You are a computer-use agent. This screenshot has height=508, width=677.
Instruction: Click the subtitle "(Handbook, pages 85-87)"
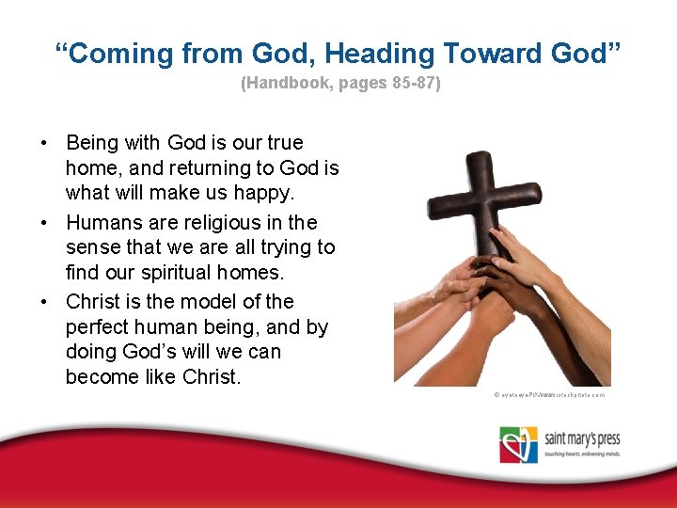click(339, 83)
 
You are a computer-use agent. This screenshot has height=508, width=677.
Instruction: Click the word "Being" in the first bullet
click(91, 143)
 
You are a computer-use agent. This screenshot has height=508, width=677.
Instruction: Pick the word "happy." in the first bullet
click(267, 193)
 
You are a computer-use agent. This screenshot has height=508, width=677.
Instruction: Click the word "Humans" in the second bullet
click(101, 223)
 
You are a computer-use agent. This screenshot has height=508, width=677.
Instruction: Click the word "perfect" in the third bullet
click(99, 327)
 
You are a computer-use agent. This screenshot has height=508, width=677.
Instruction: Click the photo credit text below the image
click(549, 395)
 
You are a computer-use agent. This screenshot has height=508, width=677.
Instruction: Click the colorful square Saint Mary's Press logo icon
click(518, 445)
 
